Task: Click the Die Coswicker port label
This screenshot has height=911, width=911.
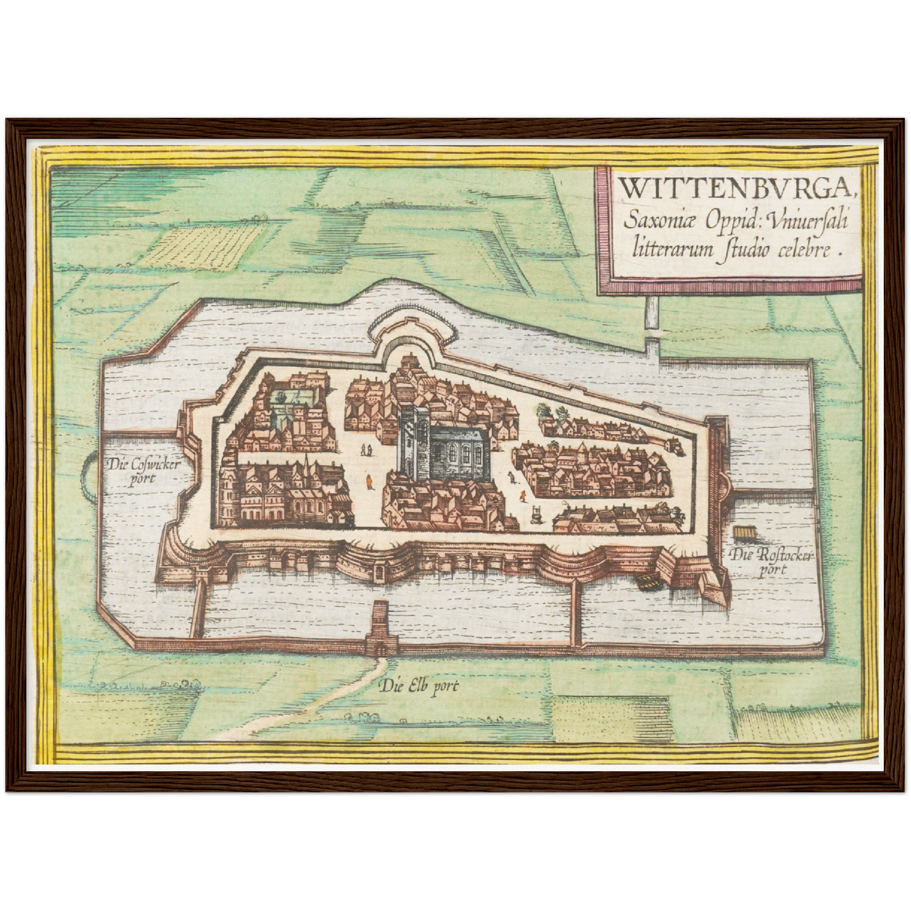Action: coord(144,470)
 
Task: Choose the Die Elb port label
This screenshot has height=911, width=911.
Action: coord(419,686)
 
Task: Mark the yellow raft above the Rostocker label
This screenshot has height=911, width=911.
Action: coord(745,533)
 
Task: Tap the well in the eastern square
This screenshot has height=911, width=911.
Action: coord(537,514)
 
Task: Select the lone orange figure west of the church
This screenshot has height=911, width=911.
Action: coord(367,482)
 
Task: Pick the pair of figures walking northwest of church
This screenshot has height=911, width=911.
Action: coord(366,450)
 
